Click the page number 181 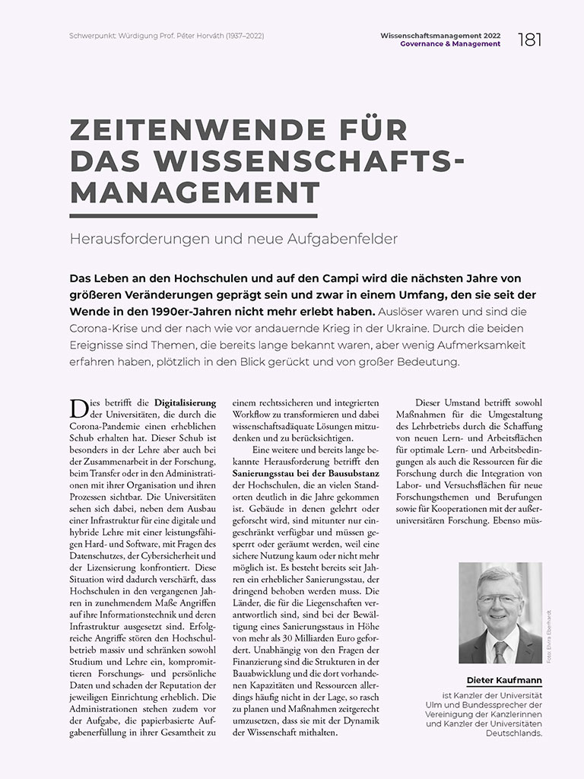pyautogui.click(x=529, y=39)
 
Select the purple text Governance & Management pyautogui.click(x=451, y=44)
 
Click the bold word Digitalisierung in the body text pyautogui.click(x=186, y=402)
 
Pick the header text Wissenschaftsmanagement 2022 pyautogui.click(x=440, y=35)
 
